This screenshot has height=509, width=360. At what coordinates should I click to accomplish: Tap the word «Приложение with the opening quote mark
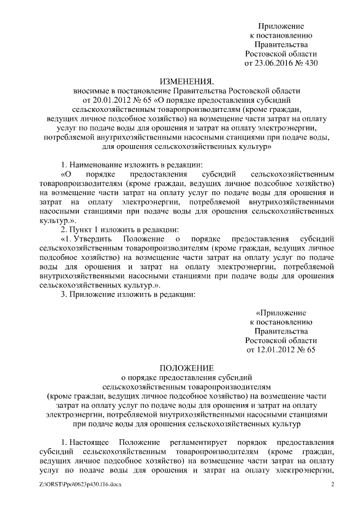point(280,312)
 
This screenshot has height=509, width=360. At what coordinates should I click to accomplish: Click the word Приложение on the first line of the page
point(281,26)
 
